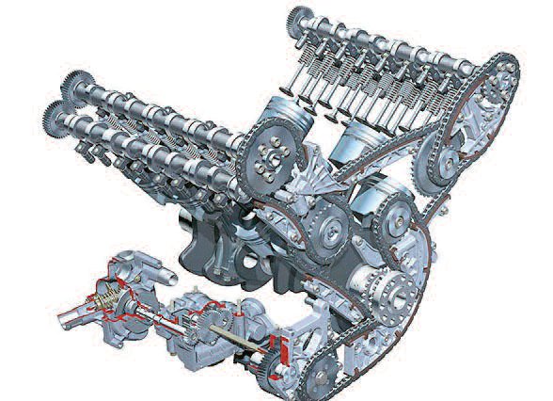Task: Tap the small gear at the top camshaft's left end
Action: [x=299, y=18]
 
